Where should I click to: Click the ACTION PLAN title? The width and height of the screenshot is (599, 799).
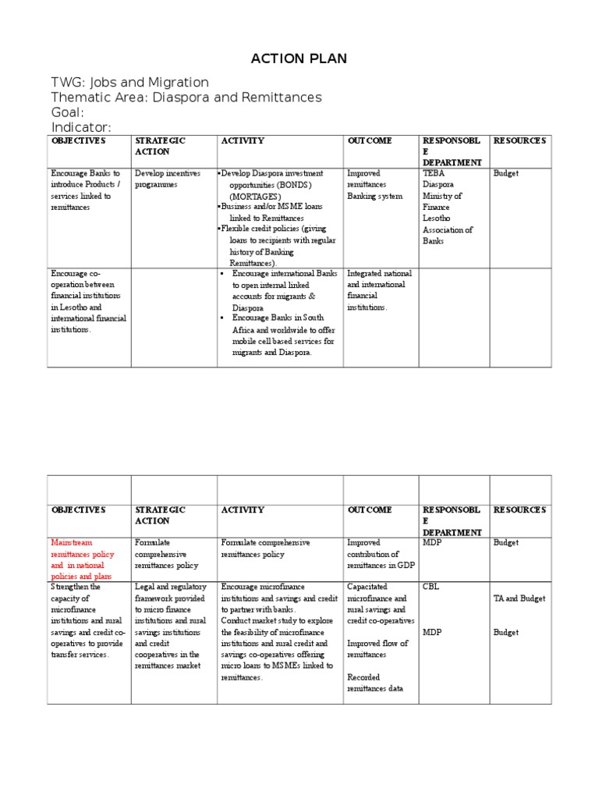click(x=298, y=59)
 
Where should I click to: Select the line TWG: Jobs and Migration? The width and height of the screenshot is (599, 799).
click(x=129, y=82)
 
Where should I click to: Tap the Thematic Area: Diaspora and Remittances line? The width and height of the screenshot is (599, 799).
click(x=186, y=98)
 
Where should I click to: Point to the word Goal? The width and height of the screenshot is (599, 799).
click(x=67, y=112)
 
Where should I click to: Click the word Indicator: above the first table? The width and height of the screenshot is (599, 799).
click(x=81, y=127)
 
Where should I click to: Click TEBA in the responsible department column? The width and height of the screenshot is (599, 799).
click(x=433, y=173)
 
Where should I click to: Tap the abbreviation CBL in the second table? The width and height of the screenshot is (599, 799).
click(x=431, y=587)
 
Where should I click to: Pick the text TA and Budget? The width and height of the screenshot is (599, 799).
click(x=519, y=598)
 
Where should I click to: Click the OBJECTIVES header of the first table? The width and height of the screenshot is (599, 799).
click(x=78, y=141)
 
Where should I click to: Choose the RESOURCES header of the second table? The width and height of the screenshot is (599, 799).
click(x=519, y=510)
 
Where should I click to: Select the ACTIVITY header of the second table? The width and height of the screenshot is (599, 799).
click(x=243, y=510)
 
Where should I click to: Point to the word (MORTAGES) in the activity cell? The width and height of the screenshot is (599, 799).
click(x=260, y=197)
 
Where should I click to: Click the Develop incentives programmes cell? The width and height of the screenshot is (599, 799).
click(x=168, y=179)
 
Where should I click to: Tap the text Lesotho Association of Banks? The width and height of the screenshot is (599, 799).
click(x=447, y=230)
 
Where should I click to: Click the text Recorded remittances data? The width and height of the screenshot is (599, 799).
click(x=375, y=683)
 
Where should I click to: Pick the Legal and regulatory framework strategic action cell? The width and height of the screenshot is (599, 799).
click(x=168, y=626)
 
